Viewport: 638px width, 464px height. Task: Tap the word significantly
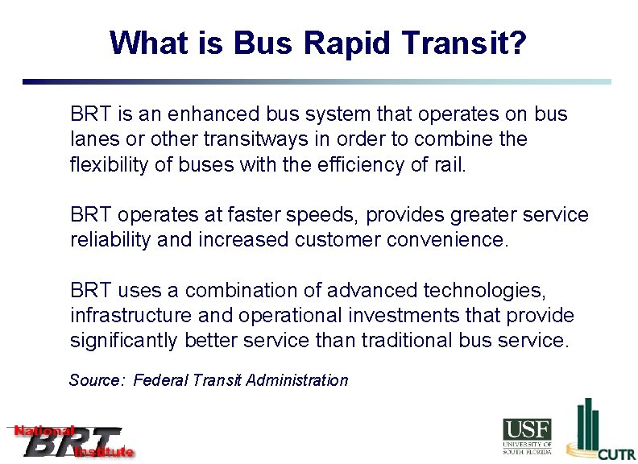124,341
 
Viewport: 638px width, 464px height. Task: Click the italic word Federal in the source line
159,380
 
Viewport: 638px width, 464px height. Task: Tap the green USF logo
527,436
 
